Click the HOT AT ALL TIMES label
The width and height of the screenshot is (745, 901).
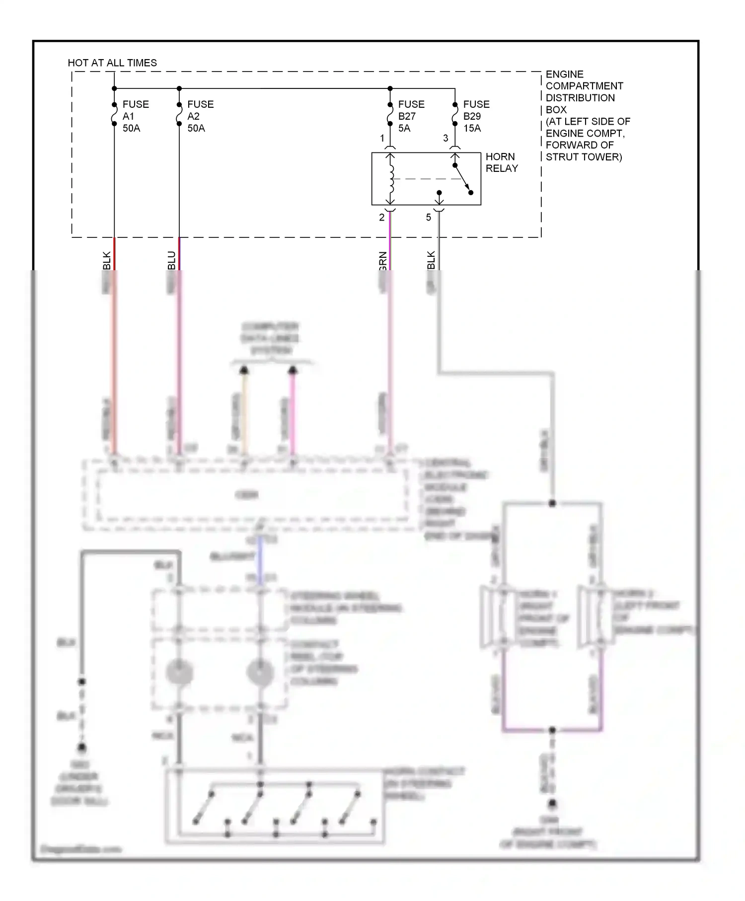(x=112, y=63)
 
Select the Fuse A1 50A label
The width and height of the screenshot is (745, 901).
(x=135, y=116)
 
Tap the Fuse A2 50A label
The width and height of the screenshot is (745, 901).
(x=200, y=116)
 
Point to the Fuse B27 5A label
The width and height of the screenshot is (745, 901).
(x=411, y=116)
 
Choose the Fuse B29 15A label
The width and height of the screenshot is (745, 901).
(x=476, y=116)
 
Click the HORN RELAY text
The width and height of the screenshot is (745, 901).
(x=501, y=162)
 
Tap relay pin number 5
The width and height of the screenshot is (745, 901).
(x=429, y=218)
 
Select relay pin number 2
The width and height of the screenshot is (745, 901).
(x=381, y=218)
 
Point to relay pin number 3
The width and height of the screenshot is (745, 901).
(x=446, y=138)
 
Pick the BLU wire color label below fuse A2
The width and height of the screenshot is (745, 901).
(x=172, y=260)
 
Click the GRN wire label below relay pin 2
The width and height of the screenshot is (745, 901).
(x=382, y=261)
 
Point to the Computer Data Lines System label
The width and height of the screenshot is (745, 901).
(x=270, y=338)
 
